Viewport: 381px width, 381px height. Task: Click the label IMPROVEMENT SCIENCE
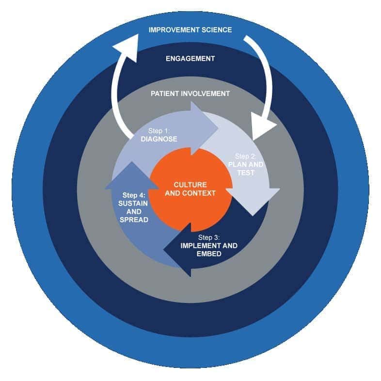(x=190, y=30)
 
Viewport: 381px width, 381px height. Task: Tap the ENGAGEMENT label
(x=190, y=59)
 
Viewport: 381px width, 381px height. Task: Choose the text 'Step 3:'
(x=208, y=238)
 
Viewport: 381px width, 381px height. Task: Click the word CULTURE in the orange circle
(x=190, y=185)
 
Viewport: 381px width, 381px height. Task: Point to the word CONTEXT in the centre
(x=198, y=193)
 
